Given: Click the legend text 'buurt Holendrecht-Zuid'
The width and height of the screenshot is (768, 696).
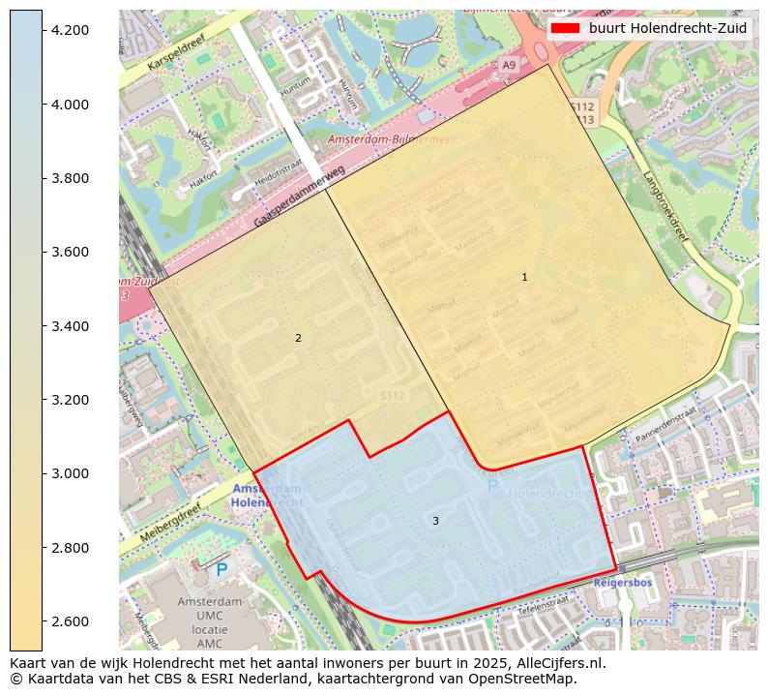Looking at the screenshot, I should (667, 28).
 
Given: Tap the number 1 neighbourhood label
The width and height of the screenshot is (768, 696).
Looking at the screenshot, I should (524, 277).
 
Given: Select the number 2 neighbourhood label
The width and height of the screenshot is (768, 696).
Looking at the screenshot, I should (298, 338).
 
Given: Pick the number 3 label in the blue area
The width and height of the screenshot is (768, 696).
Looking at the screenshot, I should (435, 521).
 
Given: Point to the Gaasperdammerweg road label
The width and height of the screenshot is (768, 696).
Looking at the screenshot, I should (300, 197).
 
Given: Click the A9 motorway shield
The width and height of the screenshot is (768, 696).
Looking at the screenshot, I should (509, 65).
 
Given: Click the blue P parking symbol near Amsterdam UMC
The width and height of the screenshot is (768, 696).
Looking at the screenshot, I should (222, 570).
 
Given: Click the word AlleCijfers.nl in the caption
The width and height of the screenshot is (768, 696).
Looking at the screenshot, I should (556, 664).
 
